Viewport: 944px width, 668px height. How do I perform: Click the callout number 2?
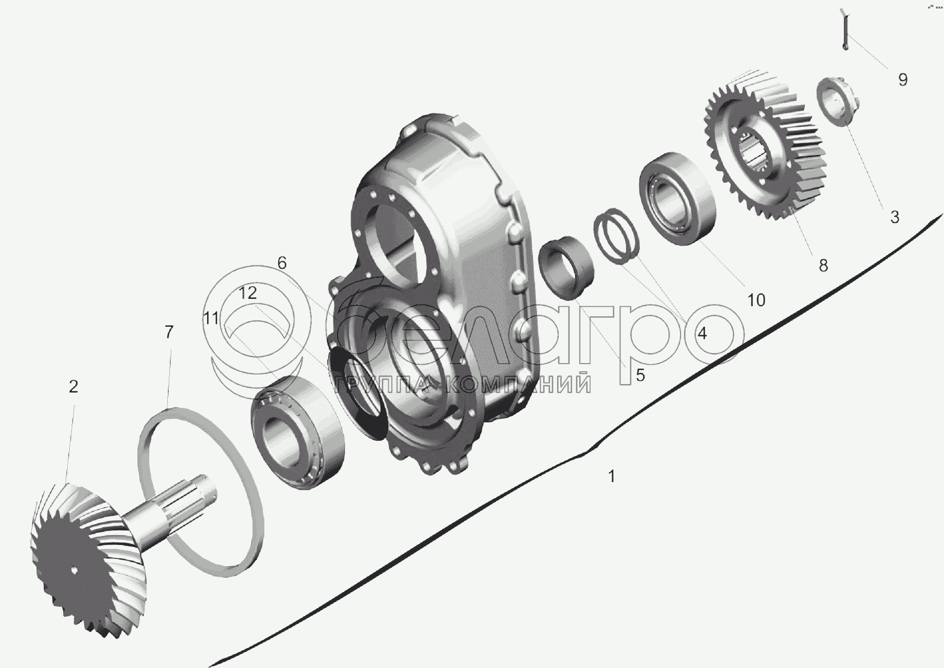tap(73, 387)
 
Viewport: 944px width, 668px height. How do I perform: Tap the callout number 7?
tap(169, 332)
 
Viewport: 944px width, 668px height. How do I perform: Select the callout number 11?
tap(211, 318)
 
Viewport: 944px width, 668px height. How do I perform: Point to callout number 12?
tap(247, 293)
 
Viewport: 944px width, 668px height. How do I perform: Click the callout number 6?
tap(282, 263)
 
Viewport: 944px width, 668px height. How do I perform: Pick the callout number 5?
tap(640, 375)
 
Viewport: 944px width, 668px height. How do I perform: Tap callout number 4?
tap(702, 333)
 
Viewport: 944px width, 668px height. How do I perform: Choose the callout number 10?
tap(755, 300)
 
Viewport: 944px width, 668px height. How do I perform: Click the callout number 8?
tap(824, 266)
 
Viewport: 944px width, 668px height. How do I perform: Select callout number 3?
tap(895, 217)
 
